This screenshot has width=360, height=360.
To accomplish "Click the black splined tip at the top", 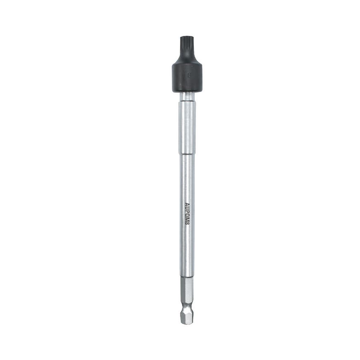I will click(186, 45).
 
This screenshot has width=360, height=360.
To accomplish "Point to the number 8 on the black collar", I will click(189, 76).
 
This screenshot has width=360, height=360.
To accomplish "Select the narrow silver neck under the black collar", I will click(187, 97).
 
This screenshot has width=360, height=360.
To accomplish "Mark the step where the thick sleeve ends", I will click(187, 154).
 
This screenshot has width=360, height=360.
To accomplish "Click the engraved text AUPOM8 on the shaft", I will click(187, 214).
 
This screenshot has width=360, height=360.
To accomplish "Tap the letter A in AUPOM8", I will click(187, 204).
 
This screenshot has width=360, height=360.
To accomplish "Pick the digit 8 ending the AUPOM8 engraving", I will click(187, 223).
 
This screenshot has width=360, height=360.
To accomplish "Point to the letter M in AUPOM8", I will click(187, 219).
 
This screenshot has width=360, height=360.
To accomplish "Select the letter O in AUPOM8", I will click(187, 215).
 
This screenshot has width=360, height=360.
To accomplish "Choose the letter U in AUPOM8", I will click(187, 208).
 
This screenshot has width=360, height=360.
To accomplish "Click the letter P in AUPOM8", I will click(187, 211).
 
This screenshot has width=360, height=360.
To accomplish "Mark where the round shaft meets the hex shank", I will click(187, 277).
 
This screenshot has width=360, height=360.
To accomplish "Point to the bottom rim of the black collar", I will click(187, 91).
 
